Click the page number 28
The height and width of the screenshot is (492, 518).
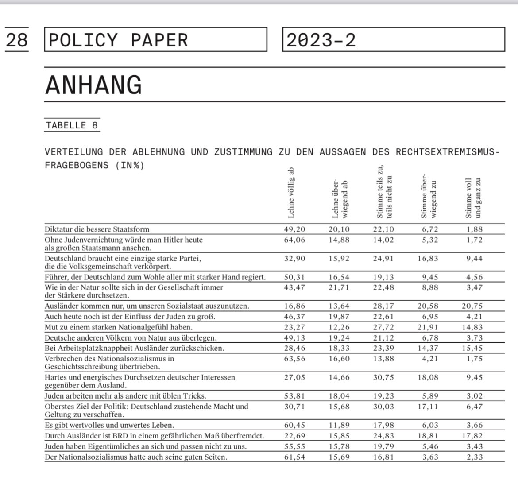click(17, 40)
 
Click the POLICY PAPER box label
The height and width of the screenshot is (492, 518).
click(118, 40)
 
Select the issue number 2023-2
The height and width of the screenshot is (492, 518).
click(321, 40)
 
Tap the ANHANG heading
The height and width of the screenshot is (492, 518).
click(93, 85)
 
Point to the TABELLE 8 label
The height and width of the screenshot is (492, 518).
click(72, 125)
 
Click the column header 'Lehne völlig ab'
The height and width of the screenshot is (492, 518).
click(291, 193)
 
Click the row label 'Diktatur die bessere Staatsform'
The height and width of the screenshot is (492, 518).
click(97, 229)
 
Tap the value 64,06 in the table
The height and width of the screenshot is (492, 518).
click(294, 240)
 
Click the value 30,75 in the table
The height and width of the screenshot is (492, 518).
click(383, 377)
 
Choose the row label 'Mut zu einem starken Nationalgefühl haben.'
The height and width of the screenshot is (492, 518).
click(118, 327)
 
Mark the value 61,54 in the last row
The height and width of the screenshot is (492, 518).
click(294, 457)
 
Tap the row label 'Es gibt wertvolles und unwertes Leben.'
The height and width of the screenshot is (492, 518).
click(109, 425)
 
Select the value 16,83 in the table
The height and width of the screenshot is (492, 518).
click(427, 259)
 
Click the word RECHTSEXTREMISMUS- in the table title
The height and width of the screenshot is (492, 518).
click(448, 152)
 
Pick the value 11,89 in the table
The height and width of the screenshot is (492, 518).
click(339, 425)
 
